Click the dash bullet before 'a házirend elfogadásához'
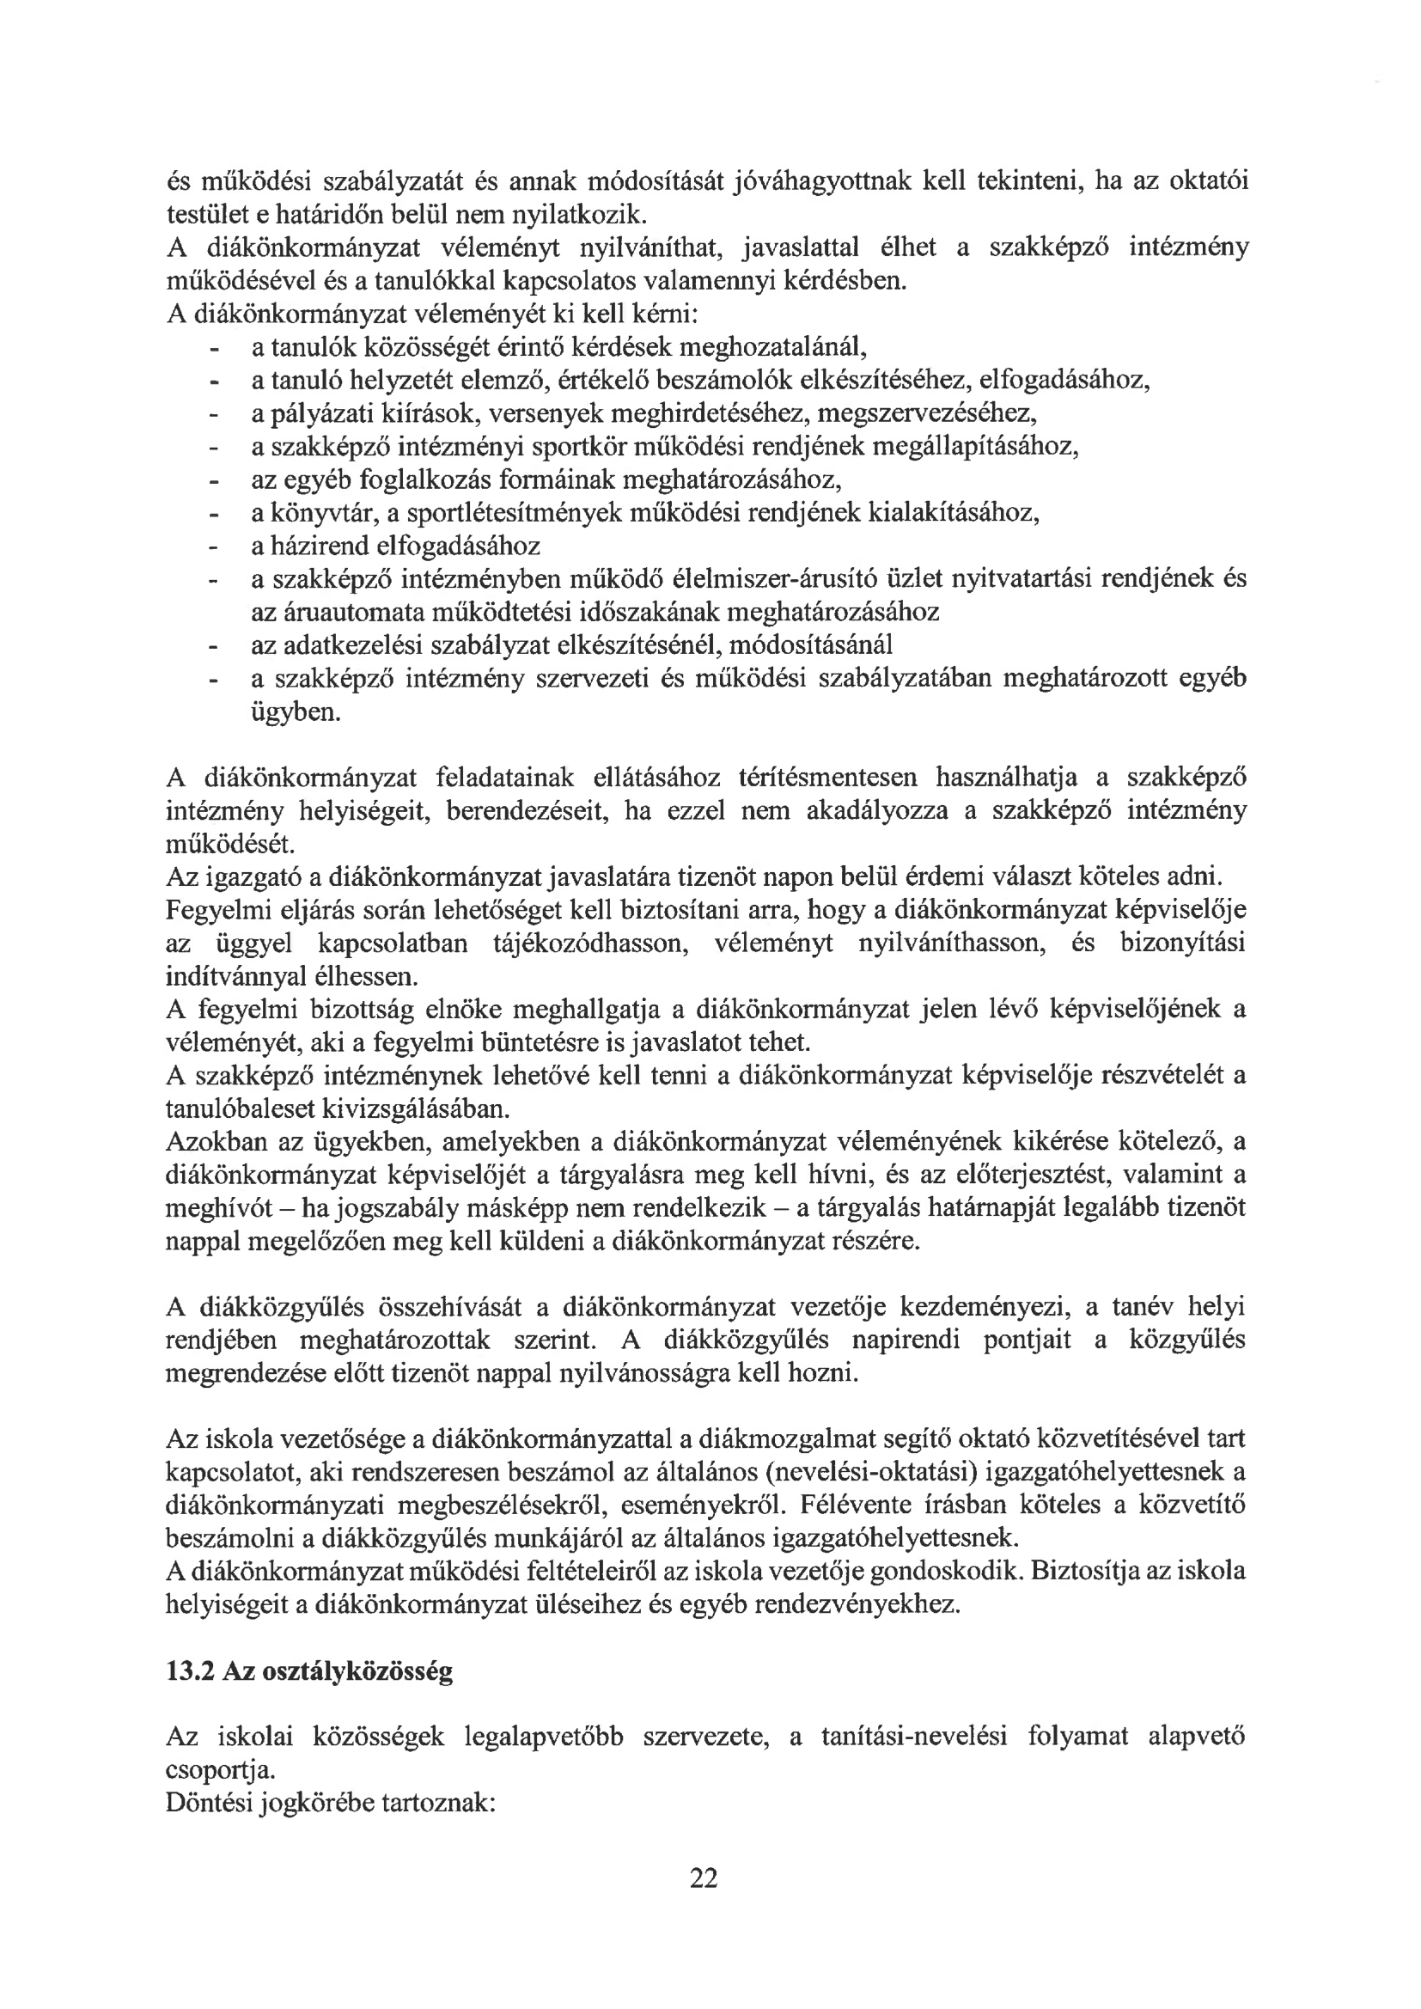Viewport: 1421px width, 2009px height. [211, 547]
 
